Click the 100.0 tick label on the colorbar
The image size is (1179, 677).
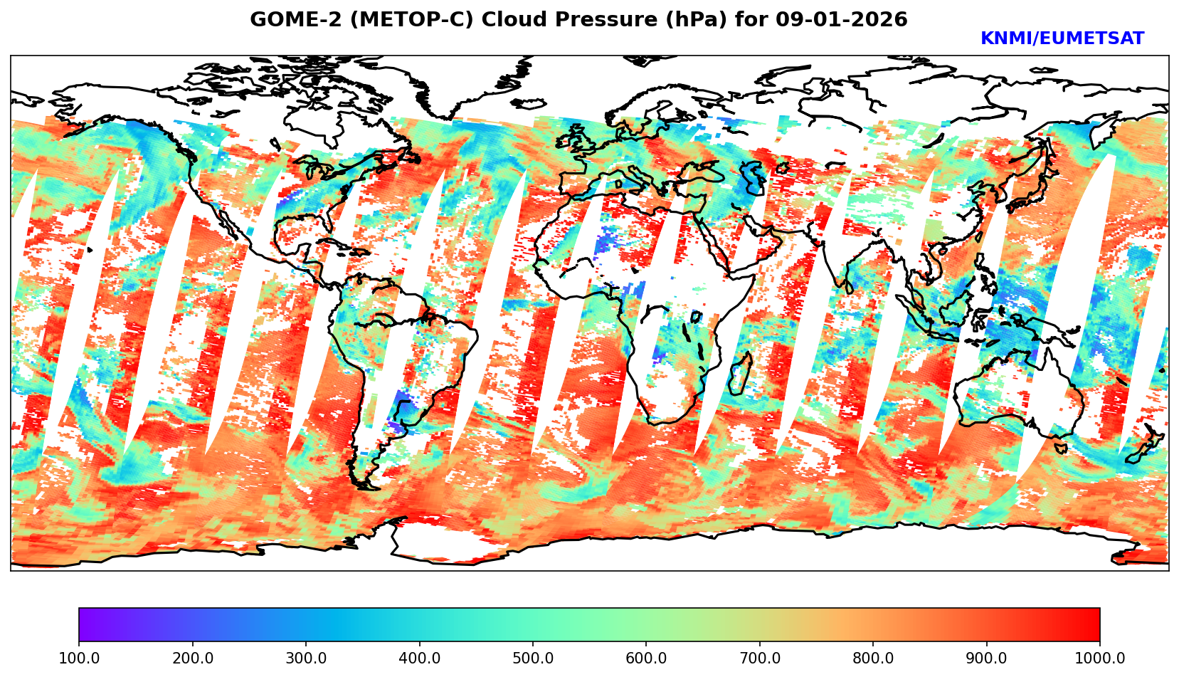click(79, 658)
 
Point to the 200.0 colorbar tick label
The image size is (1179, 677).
click(192, 658)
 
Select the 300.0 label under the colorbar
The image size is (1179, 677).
click(306, 658)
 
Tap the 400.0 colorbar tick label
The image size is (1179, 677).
click(419, 658)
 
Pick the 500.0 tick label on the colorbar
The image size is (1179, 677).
click(533, 658)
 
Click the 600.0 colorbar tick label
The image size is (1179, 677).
click(646, 658)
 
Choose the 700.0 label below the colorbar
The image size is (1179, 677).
click(760, 658)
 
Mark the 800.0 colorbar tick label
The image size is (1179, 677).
click(873, 658)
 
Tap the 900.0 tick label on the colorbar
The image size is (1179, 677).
click(987, 658)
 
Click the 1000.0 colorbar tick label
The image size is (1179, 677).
click(1100, 658)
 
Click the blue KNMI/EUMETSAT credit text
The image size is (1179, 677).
click(1062, 39)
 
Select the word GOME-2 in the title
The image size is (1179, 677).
click(290, 20)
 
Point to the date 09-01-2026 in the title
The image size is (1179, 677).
click(842, 20)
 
